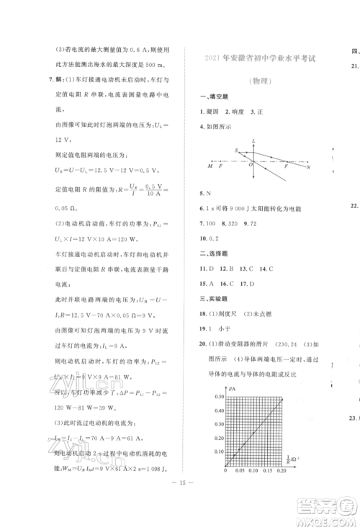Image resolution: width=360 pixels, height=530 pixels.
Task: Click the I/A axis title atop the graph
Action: click(230, 390)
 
